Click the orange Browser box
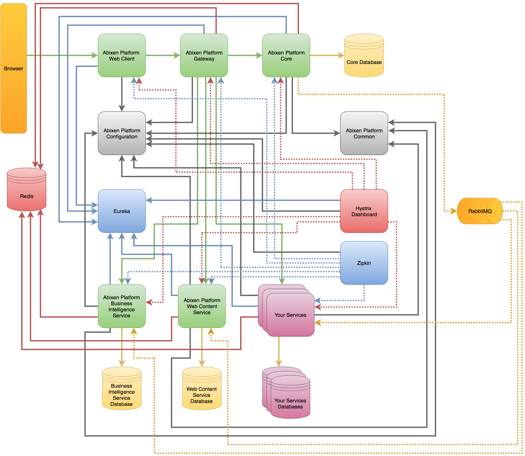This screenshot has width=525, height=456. pos(14,68)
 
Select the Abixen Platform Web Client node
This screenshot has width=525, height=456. pos(121,55)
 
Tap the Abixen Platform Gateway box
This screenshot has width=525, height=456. pos(204,55)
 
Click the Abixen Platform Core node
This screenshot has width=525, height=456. pos(286,55)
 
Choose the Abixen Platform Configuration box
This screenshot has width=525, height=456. pos(121,133)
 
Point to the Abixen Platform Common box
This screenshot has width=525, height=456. pos(364,133)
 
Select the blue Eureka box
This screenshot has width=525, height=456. pos(121,211)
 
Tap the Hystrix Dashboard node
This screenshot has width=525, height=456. pos(364,211)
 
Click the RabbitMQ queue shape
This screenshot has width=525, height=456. pos(479,211)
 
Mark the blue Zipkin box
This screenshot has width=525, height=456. pos(364,263)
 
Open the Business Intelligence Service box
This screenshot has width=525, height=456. pos(121,306)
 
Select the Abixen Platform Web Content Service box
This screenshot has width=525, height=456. pos(202,306)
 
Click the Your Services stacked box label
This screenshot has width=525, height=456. pos(290,315)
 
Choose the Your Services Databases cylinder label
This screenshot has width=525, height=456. pos(290,403)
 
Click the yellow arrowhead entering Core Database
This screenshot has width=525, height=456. pos(341,55)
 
